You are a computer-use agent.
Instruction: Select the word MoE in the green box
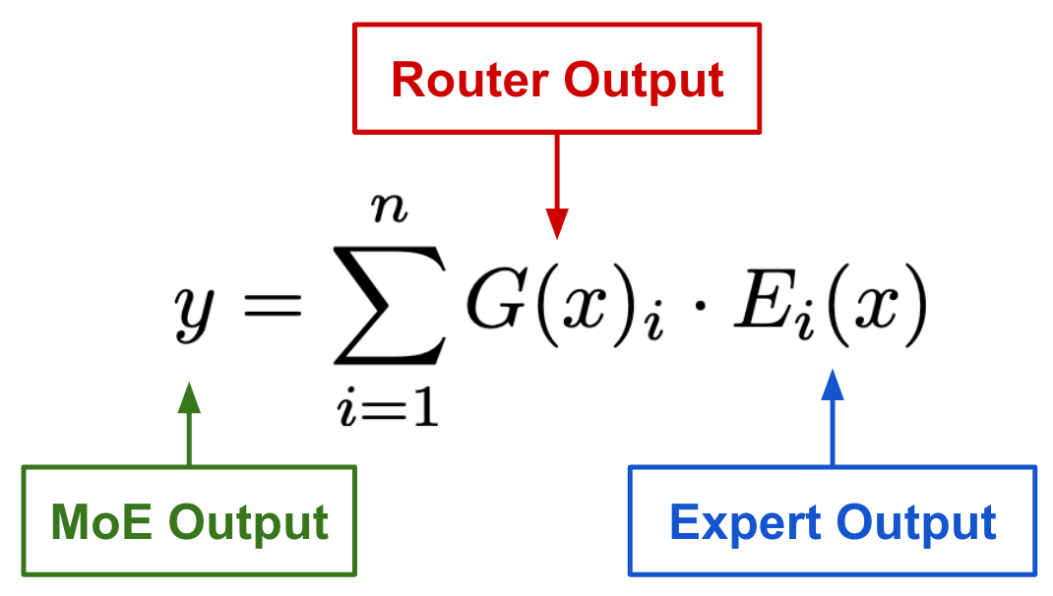[99, 522]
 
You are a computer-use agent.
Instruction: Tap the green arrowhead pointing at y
[189, 397]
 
